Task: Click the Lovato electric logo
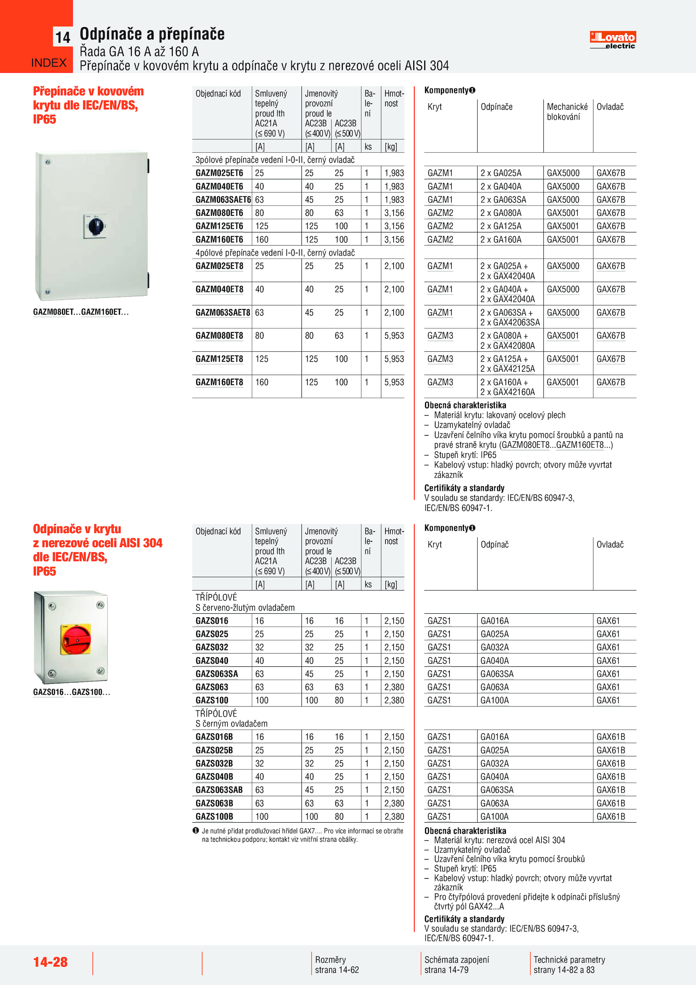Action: point(612,40)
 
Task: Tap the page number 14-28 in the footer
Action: point(50,961)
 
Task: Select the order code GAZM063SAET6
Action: point(223,200)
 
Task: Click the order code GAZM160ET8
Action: point(219,382)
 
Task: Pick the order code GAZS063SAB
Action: point(219,790)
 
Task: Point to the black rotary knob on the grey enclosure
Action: point(95,225)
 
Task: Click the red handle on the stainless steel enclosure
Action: point(77,639)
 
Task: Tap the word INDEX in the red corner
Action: point(49,63)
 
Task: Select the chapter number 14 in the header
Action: point(63,38)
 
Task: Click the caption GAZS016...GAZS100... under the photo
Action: point(71,692)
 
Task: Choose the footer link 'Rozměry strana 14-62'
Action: point(337,965)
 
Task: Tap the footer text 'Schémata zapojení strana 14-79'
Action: point(456,965)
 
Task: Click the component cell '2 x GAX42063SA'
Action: point(510,323)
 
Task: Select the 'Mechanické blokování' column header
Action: point(567,112)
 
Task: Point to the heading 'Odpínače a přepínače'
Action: point(152,34)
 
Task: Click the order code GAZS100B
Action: point(214,817)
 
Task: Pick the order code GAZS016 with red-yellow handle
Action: point(212,621)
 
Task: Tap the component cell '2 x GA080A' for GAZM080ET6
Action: point(501,213)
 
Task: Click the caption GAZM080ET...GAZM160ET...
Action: point(80,312)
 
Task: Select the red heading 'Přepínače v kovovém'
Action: point(88,91)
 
